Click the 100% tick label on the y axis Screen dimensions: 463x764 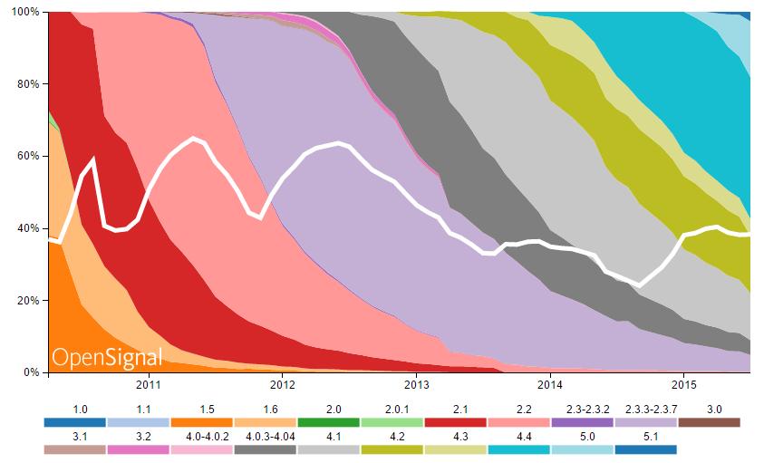[21, 12]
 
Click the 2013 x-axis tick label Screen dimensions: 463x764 [416, 385]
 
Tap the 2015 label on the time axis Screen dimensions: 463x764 [684, 385]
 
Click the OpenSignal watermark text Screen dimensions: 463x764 [107, 357]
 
